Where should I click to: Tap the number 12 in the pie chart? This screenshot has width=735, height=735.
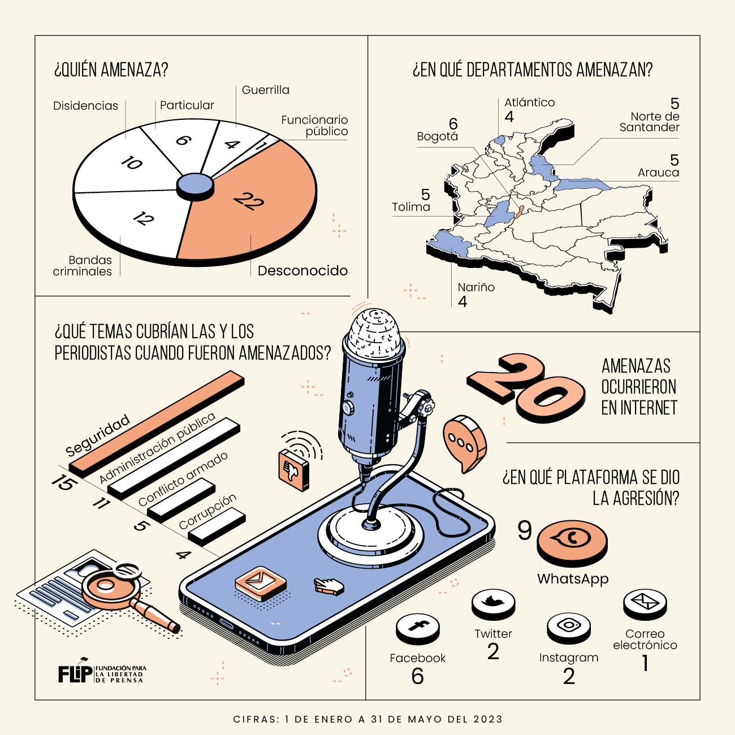point(144,218)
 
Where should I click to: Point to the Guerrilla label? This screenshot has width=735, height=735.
point(266,90)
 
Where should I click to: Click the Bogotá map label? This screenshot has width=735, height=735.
point(437,136)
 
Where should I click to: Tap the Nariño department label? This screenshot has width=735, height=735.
point(476,287)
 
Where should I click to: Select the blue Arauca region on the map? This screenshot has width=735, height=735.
point(582,185)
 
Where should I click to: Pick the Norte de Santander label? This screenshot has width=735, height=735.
point(649,122)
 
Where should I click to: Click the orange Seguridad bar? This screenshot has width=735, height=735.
point(157,423)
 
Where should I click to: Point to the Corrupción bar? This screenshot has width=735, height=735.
point(217,526)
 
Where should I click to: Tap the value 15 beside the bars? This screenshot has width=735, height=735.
point(64,482)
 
